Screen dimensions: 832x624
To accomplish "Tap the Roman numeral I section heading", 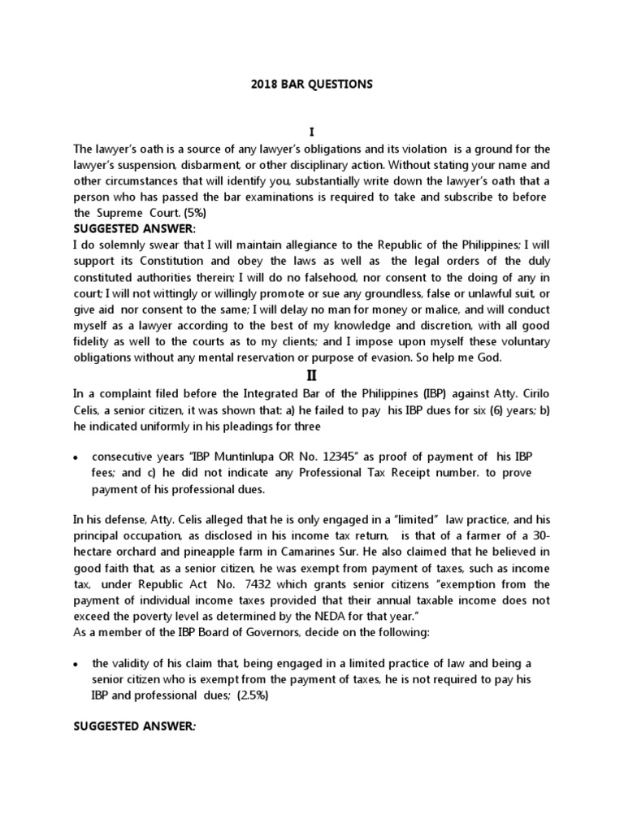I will (311, 132).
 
